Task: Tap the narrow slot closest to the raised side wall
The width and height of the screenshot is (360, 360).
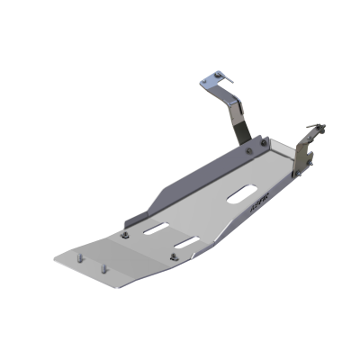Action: pyautogui.click(x=154, y=228)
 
